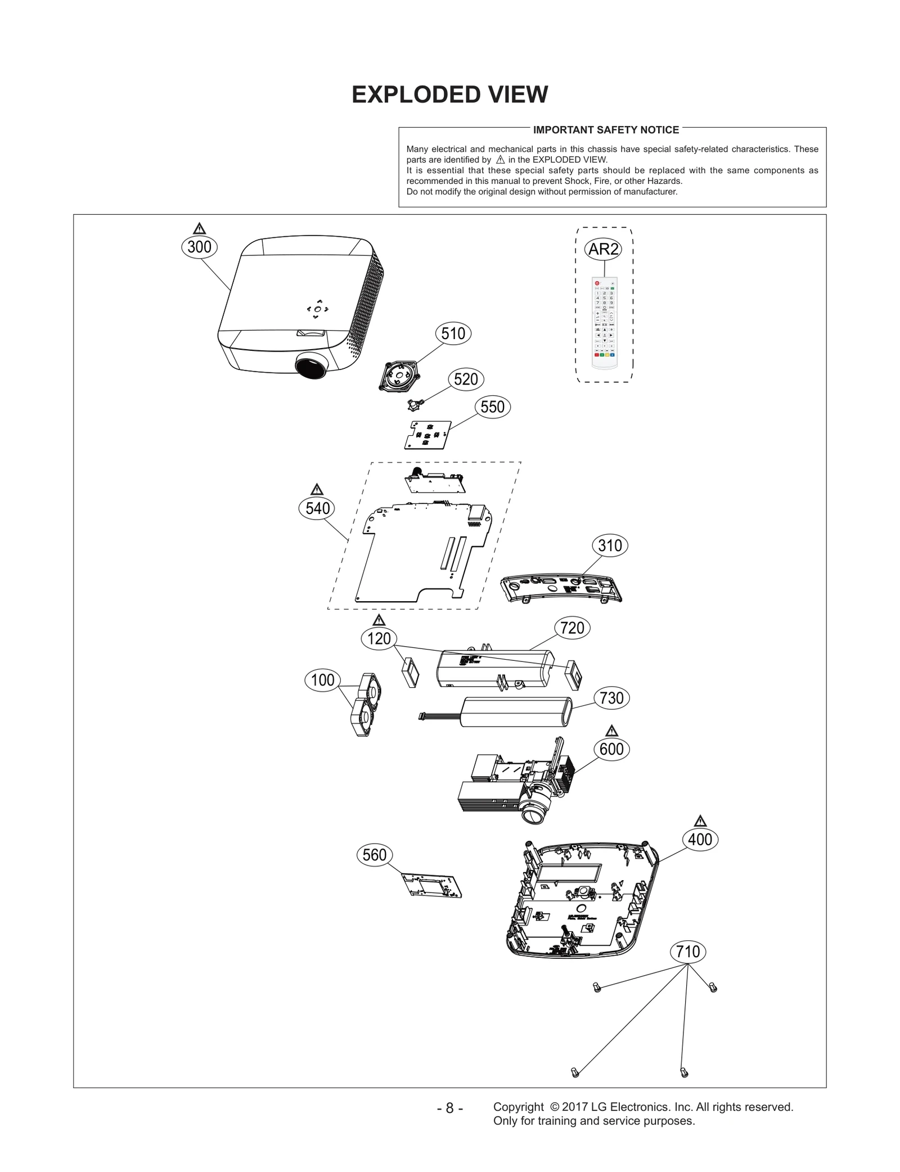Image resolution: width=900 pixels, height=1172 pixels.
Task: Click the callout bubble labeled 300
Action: pos(199,247)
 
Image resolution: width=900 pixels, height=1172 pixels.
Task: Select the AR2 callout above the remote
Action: pos(603,249)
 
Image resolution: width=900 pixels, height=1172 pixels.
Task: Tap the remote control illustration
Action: pos(604,323)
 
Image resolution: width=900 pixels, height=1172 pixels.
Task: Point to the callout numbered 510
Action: pos(453,333)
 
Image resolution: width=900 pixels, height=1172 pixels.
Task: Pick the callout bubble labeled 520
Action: pos(466,379)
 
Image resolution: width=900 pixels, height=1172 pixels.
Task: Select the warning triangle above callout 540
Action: pos(317,489)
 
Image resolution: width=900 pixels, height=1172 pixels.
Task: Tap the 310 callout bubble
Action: pos(610,546)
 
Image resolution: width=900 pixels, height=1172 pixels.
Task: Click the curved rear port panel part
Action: pos(561,590)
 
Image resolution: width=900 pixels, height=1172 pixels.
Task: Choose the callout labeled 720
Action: pos(572,628)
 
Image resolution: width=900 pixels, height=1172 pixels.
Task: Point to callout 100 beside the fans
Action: pos(322,680)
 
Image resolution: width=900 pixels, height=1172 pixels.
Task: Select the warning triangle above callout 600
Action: pos(611,731)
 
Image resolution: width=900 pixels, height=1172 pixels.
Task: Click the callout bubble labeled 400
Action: pos(700,840)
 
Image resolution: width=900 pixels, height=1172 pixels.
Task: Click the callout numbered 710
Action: pos(687,952)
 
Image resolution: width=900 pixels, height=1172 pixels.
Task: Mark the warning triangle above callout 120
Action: pos(379,620)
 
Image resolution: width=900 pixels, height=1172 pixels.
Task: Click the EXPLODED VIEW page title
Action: pos(449,94)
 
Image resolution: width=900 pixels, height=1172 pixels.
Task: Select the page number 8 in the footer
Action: pos(449,1108)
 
